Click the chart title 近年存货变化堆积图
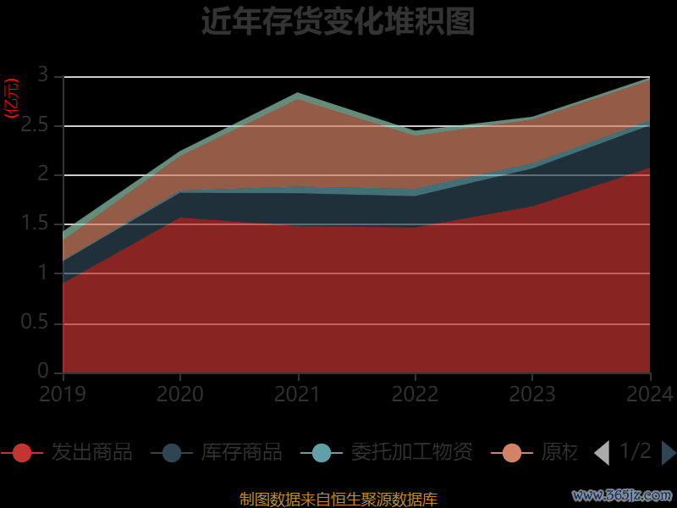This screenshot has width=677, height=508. point(338,21)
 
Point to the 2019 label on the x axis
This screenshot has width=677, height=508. point(63,394)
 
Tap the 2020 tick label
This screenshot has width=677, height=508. point(180,394)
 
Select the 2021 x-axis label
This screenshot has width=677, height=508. point(298,394)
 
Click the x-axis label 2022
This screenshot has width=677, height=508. point(415,394)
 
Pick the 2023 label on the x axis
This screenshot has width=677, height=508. point(532,394)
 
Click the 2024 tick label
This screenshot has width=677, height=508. point(650,394)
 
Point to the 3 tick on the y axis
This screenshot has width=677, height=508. point(43,76)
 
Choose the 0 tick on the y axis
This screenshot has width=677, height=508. point(43,371)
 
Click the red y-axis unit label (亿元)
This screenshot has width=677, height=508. point(12,99)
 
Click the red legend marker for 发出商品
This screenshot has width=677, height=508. point(22,453)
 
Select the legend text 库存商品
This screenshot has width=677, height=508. point(241,452)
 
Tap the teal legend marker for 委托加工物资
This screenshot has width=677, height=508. point(322,453)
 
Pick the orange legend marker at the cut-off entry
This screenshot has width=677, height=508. point(512,453)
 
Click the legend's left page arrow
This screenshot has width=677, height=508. point(602,453)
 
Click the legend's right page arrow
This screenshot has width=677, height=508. point(669,453)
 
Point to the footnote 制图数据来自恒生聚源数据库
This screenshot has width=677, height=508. point(338,499)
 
